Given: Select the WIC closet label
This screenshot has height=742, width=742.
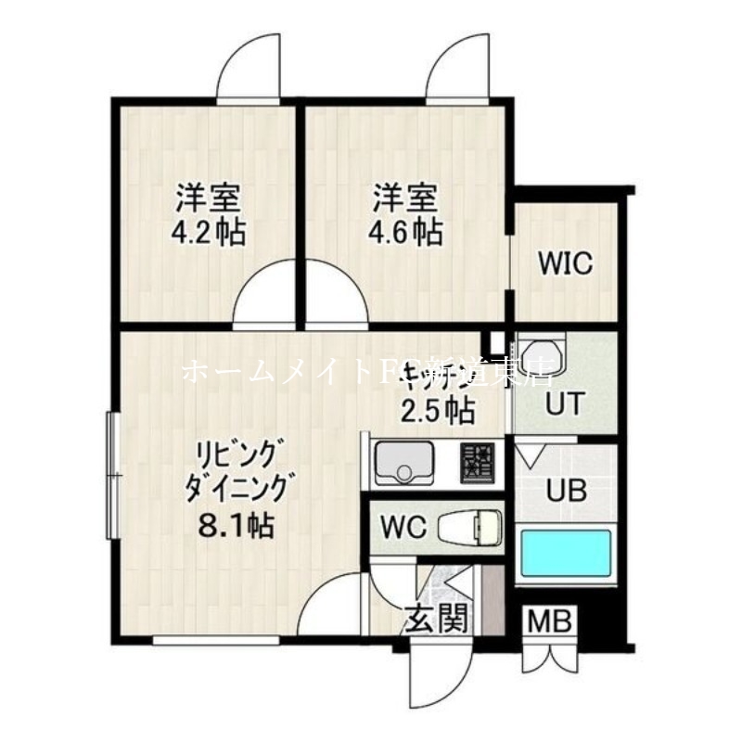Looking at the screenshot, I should [x=566, y=264].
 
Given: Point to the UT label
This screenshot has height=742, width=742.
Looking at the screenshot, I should [x=562, y=404].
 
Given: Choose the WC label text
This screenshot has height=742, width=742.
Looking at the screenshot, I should [x=402, y=529].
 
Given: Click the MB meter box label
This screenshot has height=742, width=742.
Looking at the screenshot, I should [x=552, y=620].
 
